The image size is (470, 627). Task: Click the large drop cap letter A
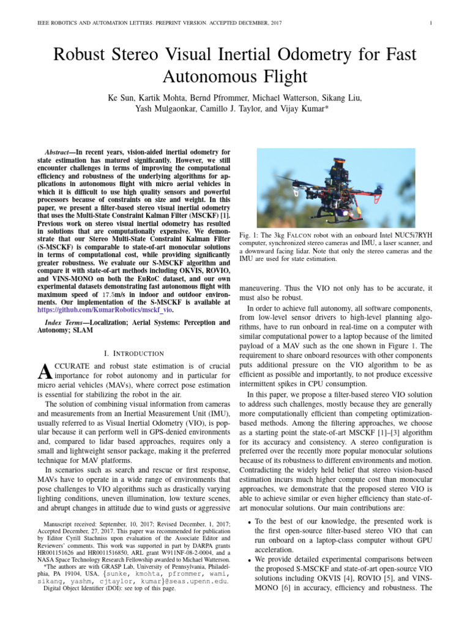(43, 372)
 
